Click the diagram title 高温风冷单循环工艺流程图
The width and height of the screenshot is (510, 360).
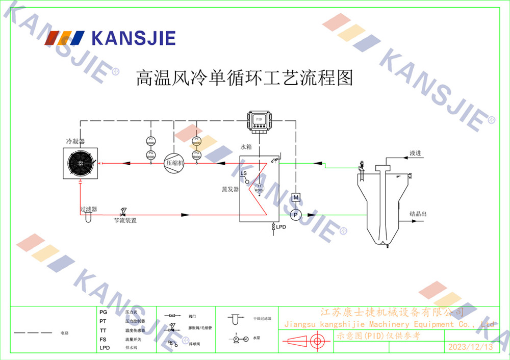point(244,78)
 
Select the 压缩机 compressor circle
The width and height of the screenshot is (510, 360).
point(174,163)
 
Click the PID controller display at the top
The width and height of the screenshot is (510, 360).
point(259,120)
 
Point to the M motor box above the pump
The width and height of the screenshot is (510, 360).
point(296,197)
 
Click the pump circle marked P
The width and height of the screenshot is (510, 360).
point(296,215)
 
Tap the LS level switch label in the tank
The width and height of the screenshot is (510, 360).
point(244,174)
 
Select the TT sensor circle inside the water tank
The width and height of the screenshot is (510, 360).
point(259,187)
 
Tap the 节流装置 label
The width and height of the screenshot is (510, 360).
point(125,221)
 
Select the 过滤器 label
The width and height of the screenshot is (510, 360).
point(88,209)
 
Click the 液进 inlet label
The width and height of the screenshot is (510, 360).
point(415,153)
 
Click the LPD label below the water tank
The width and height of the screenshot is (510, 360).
point(281,226)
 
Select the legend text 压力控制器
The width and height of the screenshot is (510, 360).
point(135,321)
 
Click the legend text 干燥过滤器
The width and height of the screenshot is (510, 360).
point(262,319)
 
